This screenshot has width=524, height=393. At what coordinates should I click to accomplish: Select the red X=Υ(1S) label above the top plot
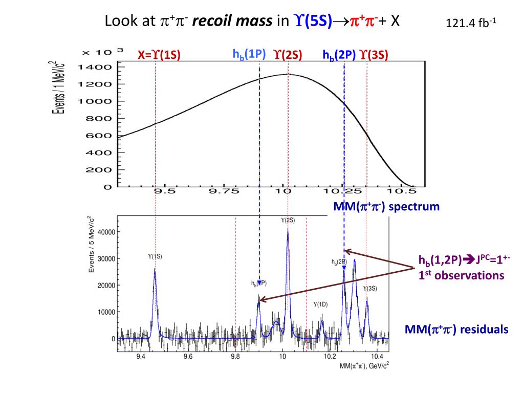point(159,55)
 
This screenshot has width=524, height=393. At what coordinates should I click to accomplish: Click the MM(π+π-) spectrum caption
point(386,207)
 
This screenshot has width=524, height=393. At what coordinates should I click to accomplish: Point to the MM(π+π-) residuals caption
point(456,329)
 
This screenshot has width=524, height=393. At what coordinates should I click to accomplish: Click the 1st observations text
point(461,275)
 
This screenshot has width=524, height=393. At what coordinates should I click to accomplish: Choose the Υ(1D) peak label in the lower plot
point(320,304)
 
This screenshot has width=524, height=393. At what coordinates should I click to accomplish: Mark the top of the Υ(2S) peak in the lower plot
point(288,229)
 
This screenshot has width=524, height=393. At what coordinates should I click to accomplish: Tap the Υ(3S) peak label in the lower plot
point(370,289)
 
